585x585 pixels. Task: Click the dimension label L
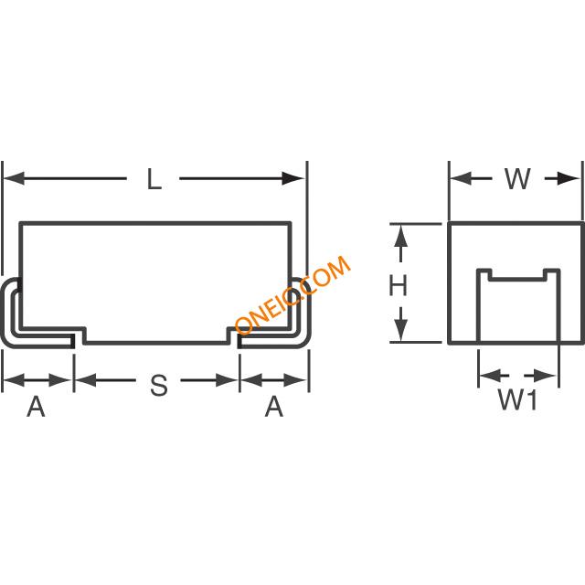point(154,180)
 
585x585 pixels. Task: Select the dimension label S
point(158,387)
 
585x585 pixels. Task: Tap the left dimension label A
point(36,407)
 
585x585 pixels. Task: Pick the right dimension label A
point(273,407)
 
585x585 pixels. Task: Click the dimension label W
point(517,179)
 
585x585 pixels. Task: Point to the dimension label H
point(398,286)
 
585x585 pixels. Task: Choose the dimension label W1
point(516,400)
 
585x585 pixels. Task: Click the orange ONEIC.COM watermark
point(292,294)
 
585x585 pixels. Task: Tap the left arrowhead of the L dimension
point(12,179)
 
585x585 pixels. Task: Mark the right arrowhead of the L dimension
point(298,179)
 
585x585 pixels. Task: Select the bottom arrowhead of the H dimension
point(399,333)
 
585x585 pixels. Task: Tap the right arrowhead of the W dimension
point(574,179)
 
